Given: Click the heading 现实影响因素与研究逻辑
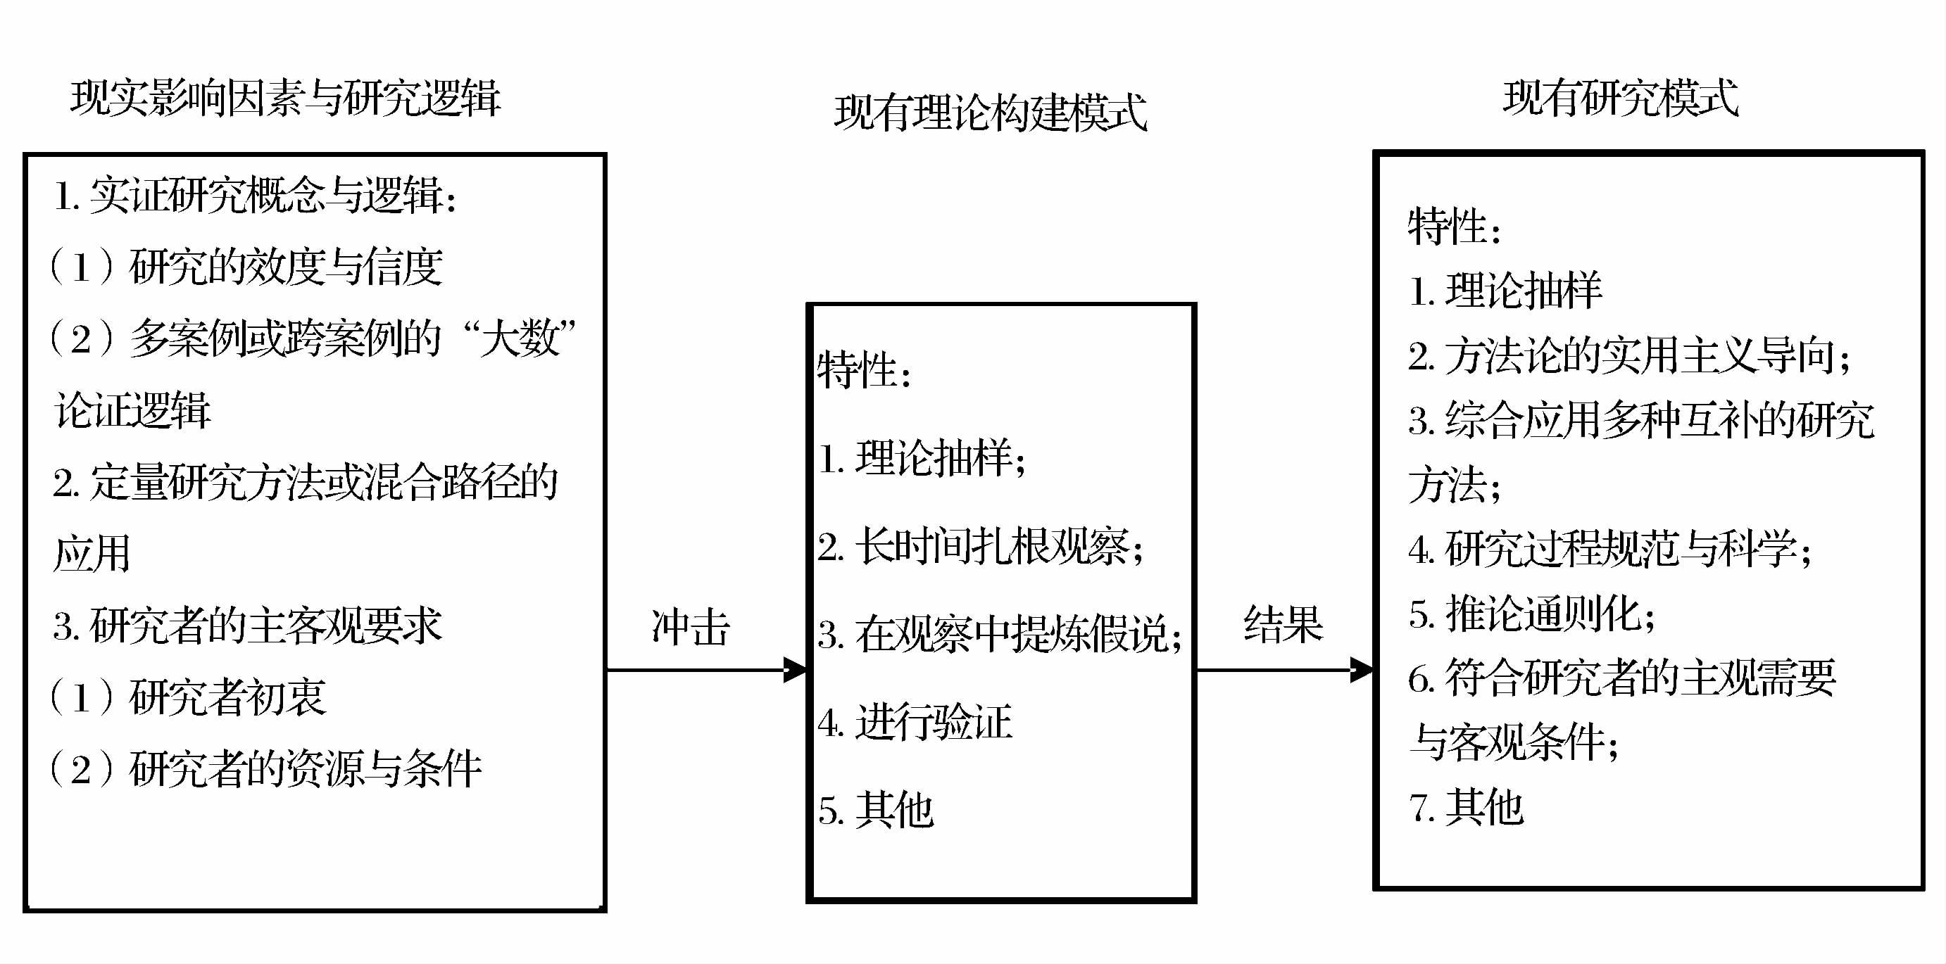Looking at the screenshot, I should tap(285, 98).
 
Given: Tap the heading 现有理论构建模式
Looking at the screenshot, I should tap(991, 113).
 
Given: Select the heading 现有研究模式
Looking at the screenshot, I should tap(1621, 98).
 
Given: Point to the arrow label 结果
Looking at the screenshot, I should tap(1283, 625).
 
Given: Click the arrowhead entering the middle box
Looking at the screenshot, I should tap(796, 670).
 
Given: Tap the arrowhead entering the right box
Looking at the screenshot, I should tap(1362, 670).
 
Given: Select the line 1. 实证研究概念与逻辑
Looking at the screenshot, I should tap(256, 196).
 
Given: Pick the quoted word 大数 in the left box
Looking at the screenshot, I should tap(521, 338).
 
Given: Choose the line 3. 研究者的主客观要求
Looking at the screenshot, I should tap(247, 626).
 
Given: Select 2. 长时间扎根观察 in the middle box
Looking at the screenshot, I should tap(979, 547).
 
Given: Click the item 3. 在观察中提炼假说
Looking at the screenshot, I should tap(998, 634).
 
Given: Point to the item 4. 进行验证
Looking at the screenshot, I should tap(914, 723).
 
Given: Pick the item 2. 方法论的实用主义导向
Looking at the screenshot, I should tap(1628, 355).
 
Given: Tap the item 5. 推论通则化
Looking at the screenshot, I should tap(1531, 613).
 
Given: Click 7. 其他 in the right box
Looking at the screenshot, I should tap(1466, 806).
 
